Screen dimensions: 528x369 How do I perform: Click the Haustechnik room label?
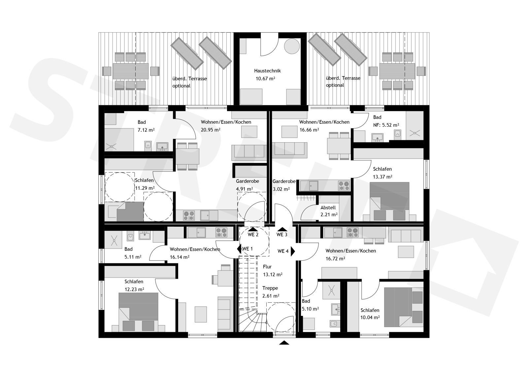[267, 71]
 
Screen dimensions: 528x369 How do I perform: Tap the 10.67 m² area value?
[265, 79]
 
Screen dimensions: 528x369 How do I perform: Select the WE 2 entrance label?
[253, 235]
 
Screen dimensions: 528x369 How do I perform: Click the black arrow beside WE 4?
[293, 252]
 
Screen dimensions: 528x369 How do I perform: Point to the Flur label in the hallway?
[267, 267]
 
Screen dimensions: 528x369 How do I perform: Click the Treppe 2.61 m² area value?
[271, 296]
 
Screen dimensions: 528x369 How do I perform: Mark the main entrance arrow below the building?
[284, 343]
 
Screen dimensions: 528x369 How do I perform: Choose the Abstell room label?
[328, 208]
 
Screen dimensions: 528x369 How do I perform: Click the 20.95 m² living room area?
[211, 130]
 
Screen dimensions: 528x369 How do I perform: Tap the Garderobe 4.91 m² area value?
[245, 189]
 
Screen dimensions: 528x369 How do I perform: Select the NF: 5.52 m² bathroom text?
[386, 125]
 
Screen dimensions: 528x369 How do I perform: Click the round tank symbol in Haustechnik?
[292, 46]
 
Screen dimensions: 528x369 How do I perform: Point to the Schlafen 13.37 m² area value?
[382, 177]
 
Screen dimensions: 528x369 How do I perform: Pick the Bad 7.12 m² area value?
[146, 130]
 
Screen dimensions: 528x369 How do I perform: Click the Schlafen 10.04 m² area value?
[370, 318]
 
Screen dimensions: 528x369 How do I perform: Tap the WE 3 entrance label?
[282, 235]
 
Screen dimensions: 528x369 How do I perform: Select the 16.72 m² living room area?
[335, 259]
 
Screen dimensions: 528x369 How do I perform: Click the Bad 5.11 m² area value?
[133, 257]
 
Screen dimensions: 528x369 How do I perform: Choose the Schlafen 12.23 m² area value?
[134, 289]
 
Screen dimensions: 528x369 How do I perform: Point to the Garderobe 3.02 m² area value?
[281, 189]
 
